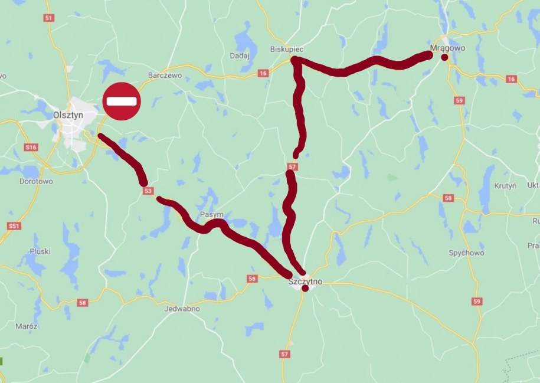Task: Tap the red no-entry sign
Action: tap(122, 102)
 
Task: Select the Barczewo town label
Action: tap(163, 76)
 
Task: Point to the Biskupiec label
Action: tap(285, 49)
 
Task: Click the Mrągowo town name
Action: tap(445, 47)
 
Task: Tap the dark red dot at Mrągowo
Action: tap(445, 57)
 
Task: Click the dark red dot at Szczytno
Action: tap(305, 289)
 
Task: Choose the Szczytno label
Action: tap(305, 281)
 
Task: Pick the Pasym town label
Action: tap(211, 215)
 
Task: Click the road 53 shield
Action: tap(148, 191)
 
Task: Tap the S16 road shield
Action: tap(31, 147)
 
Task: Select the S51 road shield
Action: tap(14, 226)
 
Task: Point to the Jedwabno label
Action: tap(182, 308)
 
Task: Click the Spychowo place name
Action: tap(466, 253)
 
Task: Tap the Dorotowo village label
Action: tap(35, 181)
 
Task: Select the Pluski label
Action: tap(40, 251)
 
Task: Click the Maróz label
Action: tap(27, 326)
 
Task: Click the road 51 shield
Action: tap(48, 18)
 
